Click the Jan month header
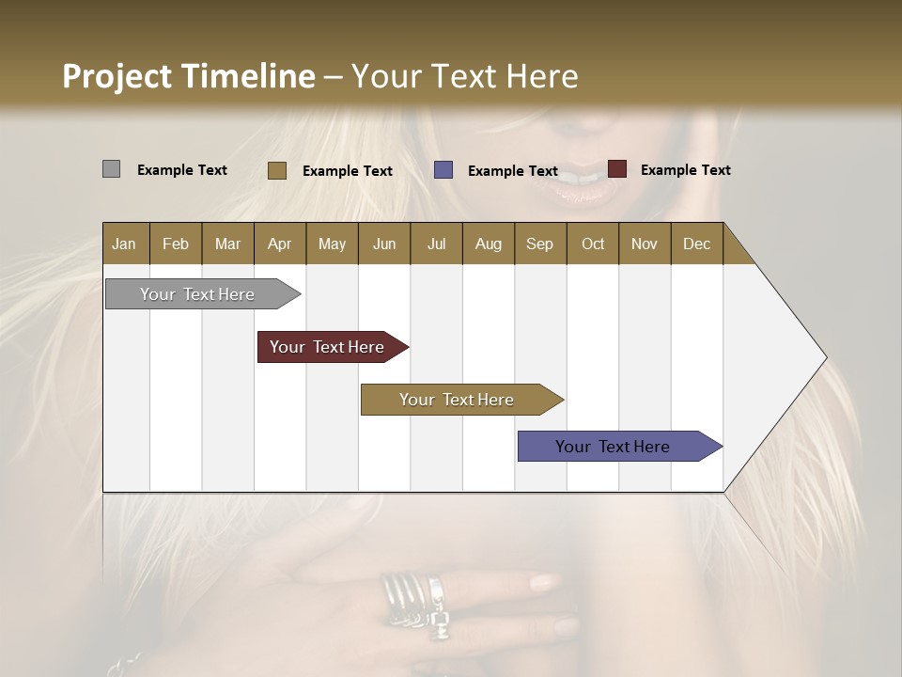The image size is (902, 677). [124, 244]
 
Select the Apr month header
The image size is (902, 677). [279, 244]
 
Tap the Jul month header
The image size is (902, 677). [436, 244]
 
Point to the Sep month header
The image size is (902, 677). [539, 244]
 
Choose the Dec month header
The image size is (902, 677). [696, 244]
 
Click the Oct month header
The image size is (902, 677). [593, 244]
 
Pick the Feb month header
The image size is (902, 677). [176, 244]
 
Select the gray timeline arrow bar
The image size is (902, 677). [198, 294]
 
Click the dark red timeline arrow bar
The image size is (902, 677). [328, 347]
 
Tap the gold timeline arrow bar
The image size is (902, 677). [457, 400]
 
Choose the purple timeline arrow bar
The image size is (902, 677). [614, 447]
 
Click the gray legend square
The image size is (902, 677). [111, 169]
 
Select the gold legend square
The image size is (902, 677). [276, 170]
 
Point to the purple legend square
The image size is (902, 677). [443, 170]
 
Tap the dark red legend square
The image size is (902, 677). [616, 169]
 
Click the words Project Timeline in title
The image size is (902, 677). [188, 76]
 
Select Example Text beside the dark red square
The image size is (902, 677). [685, 170]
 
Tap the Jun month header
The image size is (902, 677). [384, 244]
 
